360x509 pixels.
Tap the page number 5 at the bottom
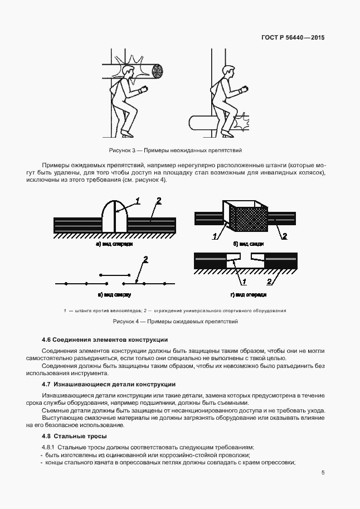click(x=323, y=473)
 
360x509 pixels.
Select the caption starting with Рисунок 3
click(x=175, y=151)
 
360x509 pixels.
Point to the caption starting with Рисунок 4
click(x=175, y=322)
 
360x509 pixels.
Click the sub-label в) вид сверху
click(x=114, y=294)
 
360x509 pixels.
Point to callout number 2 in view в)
click(x=145, y=259)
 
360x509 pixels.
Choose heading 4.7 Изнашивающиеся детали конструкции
click(x=109, y=384)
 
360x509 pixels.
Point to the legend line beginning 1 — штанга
click(x=175, y=310)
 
